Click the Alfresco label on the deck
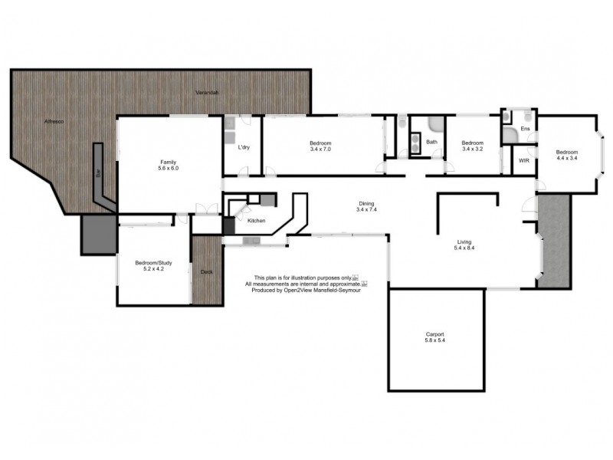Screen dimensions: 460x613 pos(52,122)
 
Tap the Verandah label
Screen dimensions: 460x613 pos(207,93)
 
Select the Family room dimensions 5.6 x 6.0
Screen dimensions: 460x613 pos(169,169)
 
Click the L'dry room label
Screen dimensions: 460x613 pos(244,147)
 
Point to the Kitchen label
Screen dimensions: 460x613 pos(256,221)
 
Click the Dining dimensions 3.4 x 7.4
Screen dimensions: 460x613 pos(366,209)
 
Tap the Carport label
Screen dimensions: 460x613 pos(435,334)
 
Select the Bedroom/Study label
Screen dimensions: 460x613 pos(153,263)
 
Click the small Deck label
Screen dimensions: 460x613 pos(206,272)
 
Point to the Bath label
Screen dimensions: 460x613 pos(432,142)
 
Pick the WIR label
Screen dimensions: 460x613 pos(524,161)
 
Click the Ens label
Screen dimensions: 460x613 pos(525,129)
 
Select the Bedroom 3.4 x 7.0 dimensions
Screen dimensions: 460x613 pos(320,150)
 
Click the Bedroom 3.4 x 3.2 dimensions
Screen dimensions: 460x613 pos(472,149)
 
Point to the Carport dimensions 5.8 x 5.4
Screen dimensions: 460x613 pos(435,341)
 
